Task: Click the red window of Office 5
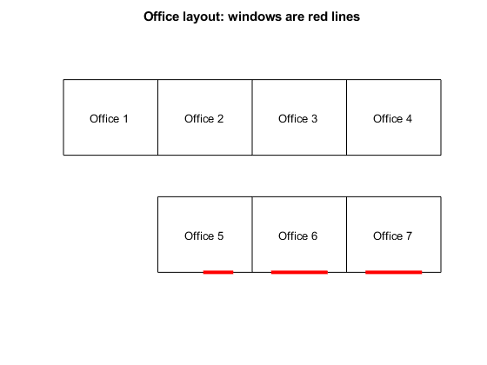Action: (x=218, y=272)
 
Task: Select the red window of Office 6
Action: (x=299, y=272)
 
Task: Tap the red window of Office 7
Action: (x=394, y=272)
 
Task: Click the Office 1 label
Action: (x=109, y=118)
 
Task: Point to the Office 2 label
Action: (x=203, y=118)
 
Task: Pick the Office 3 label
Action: (x=297, y=118)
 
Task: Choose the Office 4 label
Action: (x=392, y=118)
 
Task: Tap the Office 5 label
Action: (x=203, y=236)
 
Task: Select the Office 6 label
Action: (x=297, y=236)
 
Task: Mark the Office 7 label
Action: (x=392, y=236)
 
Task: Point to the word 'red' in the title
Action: (x=318, y=17)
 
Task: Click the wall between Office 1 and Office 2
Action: (x=157, y=117)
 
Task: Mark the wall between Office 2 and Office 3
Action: (x=252, y=117)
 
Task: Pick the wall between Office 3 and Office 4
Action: (x=347, y=117)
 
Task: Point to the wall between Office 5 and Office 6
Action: (x=252, y=235)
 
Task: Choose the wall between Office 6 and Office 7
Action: (x=347, y=235)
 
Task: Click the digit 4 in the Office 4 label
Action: (x=409, y=118)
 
